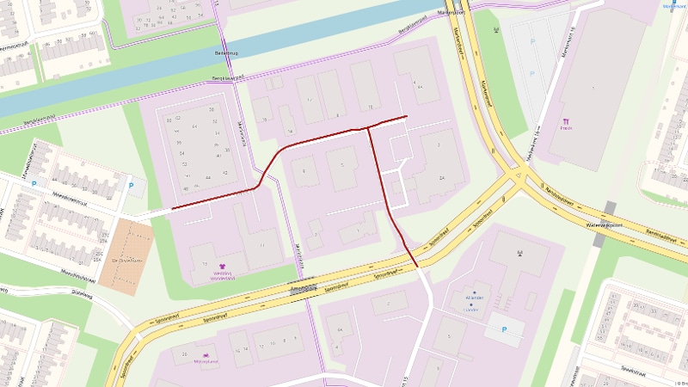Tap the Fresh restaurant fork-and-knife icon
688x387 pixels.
click(567, 122)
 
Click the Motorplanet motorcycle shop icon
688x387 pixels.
click(206, 354)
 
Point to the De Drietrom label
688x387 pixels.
click(126, 260)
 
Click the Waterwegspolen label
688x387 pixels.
click(602, 224)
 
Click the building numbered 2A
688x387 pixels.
click(442, 177)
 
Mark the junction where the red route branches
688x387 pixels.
click(368, 128)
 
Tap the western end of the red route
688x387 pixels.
click(172, 208)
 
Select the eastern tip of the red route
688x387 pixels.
click(407, 115)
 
